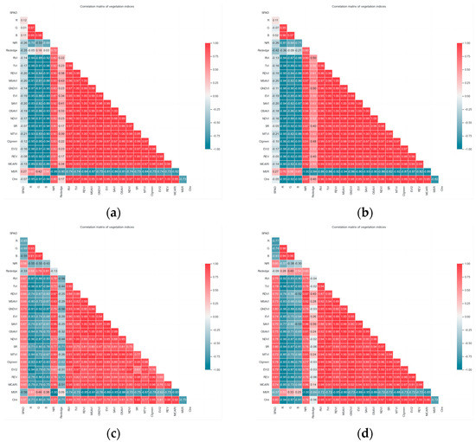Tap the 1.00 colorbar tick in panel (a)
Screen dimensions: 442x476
[220, 42]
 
